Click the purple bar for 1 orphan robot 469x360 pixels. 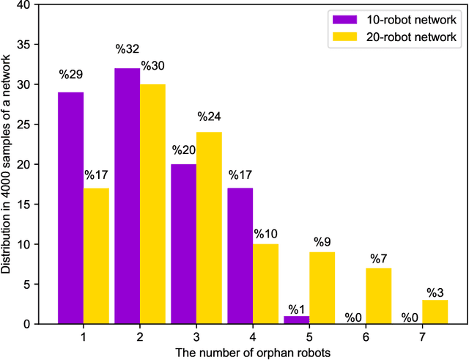pyautogui.click(x=71, y=208)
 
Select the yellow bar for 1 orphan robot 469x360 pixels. pyautogui.click(x=96, y=256)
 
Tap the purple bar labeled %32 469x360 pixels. pyautogui.click(x=127, y=196)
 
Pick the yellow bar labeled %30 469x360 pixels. pyautogui.click(x=152, y=204)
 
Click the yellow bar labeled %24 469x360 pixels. pyautogui.click(x=209, y=228)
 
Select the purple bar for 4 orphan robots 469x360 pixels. pyautogui.click(x=240, y=256)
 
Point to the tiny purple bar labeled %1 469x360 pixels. pyautogui.click(x=296, y=320)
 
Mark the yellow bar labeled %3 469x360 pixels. pyautogui.click(x=435, y=312)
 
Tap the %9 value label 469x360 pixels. pyautogui.click(x=322, y=241)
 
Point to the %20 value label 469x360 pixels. pyautogui.click(x=184, y=150)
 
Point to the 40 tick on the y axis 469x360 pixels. pyautogui.click(x=25, y=5)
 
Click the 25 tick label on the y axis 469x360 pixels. pyautogui.click(x=25, y=125)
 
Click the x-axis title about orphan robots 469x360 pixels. pyautogui.click(x=253, y=351)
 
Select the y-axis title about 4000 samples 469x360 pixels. pyautogui.click(x=7, y=164)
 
